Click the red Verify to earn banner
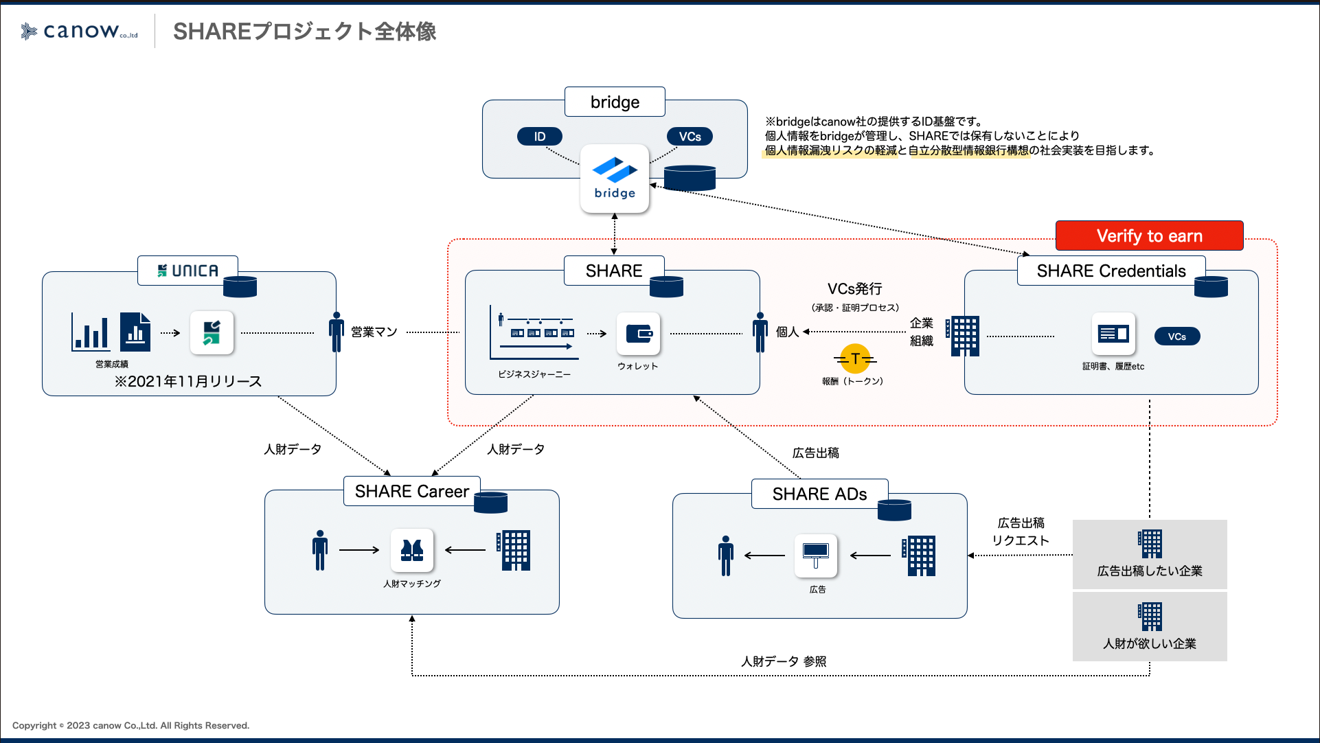(1149, 236)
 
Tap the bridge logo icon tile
(615, 179)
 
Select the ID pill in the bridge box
(540, 137)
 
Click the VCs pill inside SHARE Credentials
(1176, 336)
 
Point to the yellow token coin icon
(855, 358)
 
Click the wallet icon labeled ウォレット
(638, 334)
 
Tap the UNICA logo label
(187, 271)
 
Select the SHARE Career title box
(411, 491)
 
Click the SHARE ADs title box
(819, 494)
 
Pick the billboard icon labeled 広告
(816, 555)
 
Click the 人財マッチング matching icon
(412, 550)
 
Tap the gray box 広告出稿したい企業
(1150, 554)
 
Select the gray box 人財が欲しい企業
(1150, 626)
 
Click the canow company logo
(79, 31)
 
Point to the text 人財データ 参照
(784, 661)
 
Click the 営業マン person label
(374, 332)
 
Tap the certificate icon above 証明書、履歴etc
(1113, 334)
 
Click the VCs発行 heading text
(854, 289)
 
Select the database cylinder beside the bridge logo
(690, 178)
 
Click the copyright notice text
(130, 725)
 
